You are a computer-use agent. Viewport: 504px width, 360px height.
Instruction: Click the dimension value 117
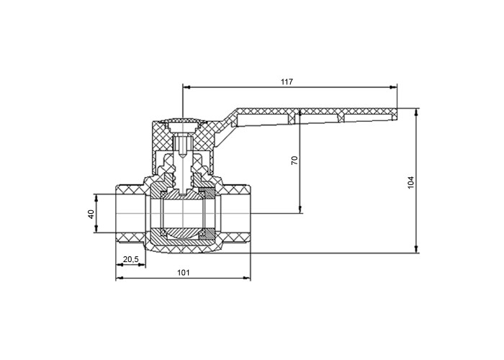click(287, 81)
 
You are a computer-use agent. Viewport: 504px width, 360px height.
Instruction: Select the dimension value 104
click(411, 183)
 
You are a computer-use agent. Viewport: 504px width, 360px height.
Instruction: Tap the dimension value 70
click(294, 161)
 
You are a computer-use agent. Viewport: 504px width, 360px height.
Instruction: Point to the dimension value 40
click(91, 214)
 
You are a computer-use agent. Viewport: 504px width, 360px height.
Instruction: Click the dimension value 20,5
click(130, 259)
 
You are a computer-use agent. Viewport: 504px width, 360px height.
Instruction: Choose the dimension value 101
click(184, 273)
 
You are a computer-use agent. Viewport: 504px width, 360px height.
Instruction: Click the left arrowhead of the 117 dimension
click(186, 87)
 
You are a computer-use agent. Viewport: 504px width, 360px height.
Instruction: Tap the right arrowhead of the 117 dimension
click(393, 87)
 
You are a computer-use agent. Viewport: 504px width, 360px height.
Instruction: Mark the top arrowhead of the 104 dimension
click(416, 112)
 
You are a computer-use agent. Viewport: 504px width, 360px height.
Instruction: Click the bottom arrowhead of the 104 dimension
click(416, 249)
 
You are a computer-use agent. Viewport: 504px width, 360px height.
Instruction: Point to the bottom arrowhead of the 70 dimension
click(300, 210)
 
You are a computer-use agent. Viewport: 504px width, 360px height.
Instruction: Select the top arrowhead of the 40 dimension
click(96, 198)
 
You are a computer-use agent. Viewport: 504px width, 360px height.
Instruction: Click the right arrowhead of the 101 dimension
click(246, 278)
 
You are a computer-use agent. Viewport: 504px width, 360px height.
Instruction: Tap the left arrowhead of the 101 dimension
click(120, 278)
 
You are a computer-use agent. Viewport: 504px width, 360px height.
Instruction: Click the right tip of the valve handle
click(397, 114)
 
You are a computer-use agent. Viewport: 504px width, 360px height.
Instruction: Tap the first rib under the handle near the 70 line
click(292, 118)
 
